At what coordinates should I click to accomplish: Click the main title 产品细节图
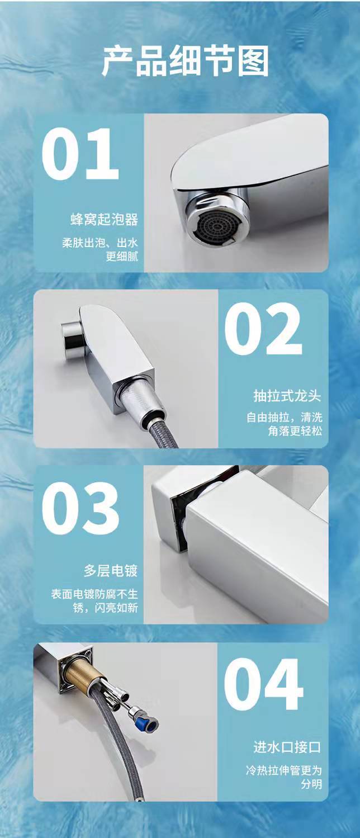tap(185, 60)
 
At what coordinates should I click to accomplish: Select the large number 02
tap(263, 329)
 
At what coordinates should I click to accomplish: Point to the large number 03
tap(80, 508)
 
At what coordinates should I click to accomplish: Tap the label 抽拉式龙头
tap(287, 396)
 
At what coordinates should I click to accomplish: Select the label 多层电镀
tap(111, 571)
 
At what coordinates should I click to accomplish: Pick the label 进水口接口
tap(287, 747)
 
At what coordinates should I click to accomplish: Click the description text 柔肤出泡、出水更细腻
tap(100, 250)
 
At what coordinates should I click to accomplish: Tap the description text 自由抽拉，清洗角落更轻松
tap(283, 424)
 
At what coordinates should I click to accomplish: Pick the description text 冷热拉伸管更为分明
tap(283, 777)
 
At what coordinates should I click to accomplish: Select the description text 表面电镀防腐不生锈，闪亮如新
tap(94, 601)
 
